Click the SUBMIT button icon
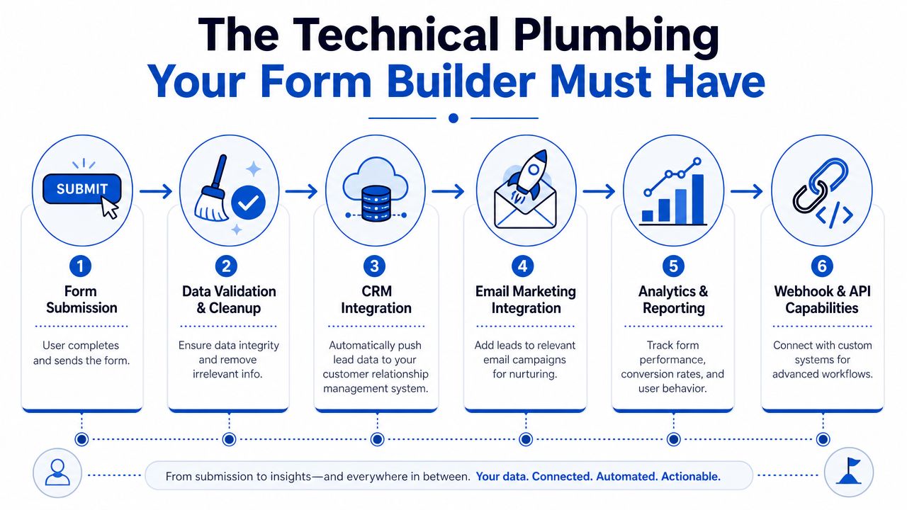81,189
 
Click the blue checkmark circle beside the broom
248,203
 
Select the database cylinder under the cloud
376,203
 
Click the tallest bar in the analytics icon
698,199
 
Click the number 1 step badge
80,266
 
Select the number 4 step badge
523,266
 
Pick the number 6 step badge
822,266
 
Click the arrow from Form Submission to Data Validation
156,191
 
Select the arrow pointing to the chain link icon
747,191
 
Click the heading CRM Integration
376,300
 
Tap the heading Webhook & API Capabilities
822,300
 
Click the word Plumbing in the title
616,35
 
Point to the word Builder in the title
461,81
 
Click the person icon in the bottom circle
57,472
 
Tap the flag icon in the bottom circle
850,471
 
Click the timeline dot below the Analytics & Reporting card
673,439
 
